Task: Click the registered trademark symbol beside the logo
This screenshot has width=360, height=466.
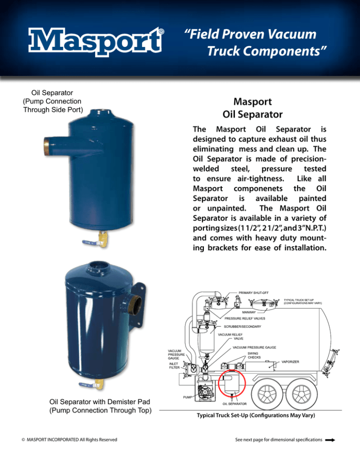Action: pyautogui.click(x=161, y=32)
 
